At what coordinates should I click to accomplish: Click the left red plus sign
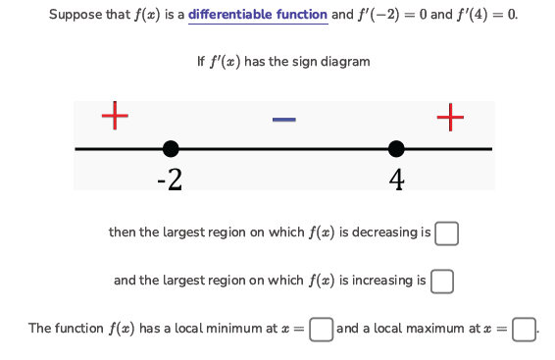tap(115, 116)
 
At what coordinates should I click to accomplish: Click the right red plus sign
tap(449, 117)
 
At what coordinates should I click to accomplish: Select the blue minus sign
tap(283, 120)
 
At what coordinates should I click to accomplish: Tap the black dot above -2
tap(171, 149)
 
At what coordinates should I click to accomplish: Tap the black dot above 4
tap(396, 149)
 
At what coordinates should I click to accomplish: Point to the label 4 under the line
tap(396, 180)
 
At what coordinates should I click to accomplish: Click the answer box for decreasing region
tap(446, 233)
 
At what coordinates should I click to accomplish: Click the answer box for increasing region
tap(441, 282)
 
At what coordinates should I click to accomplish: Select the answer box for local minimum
tap(320, 329)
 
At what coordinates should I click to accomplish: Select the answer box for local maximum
tap(523, 329)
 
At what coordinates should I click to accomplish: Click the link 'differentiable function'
tap(258, 15)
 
